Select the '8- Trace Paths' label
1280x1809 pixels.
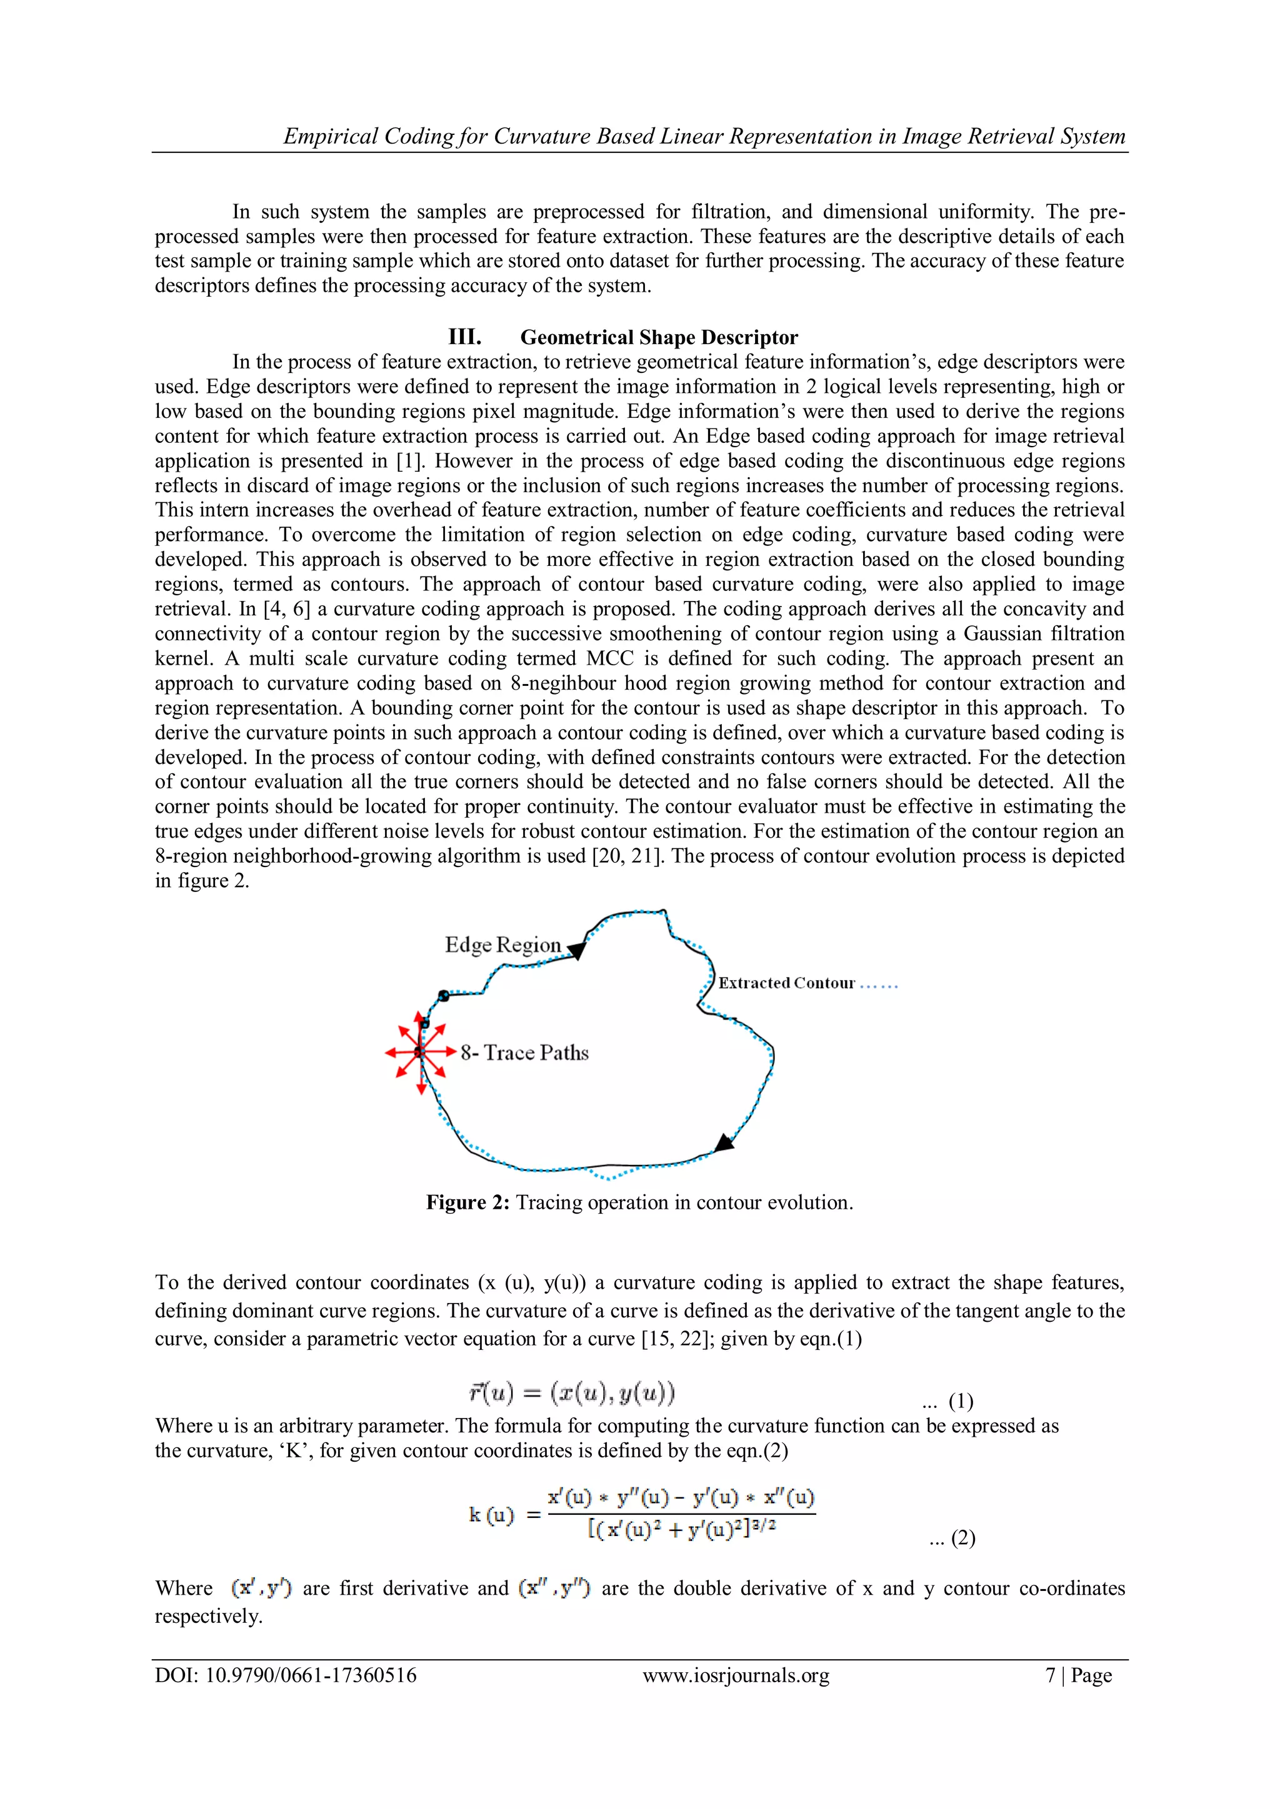point(524,1053)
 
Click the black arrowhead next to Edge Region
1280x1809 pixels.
point(577,950)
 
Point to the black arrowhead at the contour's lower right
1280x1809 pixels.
point(722,1143)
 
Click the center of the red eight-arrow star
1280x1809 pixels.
point(420,1052)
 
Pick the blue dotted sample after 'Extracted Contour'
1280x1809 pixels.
point(878,986)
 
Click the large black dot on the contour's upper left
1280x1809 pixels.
point(444,996)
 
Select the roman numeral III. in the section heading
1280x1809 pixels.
point(464,337)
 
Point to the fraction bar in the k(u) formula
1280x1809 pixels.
point(681,1513)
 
